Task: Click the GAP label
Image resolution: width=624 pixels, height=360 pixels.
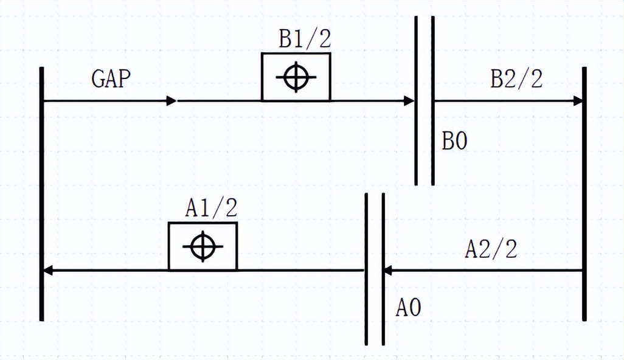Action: point(111,79)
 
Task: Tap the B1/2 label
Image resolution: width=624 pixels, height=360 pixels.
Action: point(305,38)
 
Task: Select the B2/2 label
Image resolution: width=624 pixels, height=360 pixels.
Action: point(516,79)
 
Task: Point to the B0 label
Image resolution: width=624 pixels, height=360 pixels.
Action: point(454,141)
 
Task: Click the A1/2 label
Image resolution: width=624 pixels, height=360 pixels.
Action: point(211,207)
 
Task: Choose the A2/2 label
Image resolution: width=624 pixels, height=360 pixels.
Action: point(491,250)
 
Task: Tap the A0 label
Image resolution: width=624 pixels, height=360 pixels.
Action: point(408,308)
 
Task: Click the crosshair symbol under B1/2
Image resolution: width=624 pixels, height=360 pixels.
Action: point(296,77)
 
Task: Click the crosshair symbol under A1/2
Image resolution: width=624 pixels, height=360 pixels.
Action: point(203,247)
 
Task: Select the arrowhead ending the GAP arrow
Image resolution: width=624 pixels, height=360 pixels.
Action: point(171,101)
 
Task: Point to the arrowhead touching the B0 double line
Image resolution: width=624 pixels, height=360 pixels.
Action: point(409,101)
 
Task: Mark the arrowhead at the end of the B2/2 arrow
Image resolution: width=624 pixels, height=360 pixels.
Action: point(578,101)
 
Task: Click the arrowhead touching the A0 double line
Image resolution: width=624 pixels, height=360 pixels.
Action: point(387,271)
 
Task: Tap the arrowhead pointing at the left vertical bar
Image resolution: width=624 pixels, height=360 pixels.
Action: point(48,271)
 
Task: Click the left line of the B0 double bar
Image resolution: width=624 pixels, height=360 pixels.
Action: point(416,100)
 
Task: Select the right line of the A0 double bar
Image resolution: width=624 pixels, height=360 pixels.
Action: point(383,269)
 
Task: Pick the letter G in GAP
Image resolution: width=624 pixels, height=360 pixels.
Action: point(98,79)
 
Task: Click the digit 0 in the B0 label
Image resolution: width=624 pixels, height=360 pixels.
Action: point(461,141)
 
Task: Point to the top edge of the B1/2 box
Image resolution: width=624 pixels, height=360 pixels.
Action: point(296,54)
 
